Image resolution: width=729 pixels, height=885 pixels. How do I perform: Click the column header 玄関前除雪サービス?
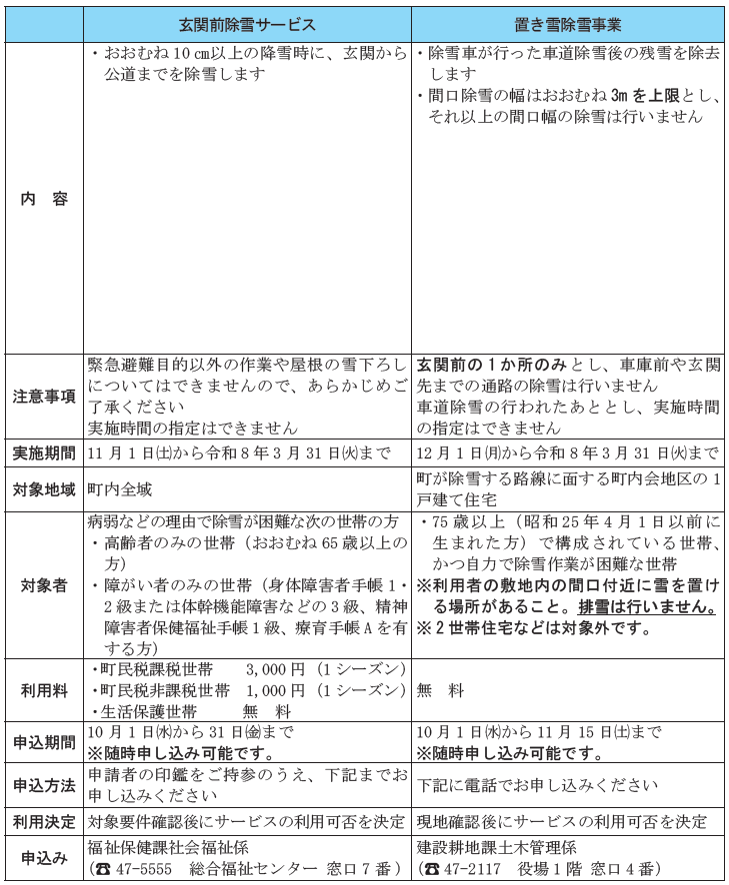pyautogui.click(x=247, y=24)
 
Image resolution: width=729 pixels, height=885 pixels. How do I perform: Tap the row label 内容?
pyautogui.click(x=44, y=199)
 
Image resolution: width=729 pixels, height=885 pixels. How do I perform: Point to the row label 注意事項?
pyautogui.click(x=44, y=396)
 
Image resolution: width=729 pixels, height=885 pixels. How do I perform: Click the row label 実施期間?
pyautogui.click(x=44, y=452)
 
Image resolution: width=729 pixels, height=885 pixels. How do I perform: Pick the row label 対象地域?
pyautogui.click(x=44, y=489)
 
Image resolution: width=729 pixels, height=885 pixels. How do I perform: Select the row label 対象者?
pyautogui.click(x=44, y=585)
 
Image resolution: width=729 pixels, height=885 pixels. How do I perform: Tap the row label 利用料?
pyautogui.click(x=44, y=690)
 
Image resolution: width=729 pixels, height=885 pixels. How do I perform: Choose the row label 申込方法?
pyautogui.click(x=44, y=785)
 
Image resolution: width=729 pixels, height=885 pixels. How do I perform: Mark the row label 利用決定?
pyautogui.click(x=44, y=822)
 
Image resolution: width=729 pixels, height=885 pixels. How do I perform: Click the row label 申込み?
pyautogui.click(x=44, y=858)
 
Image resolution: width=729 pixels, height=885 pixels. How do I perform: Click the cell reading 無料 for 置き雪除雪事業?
pyautogui.click(x=441, y=690)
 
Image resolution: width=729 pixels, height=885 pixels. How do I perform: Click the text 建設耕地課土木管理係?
pyautogui.click(x=495, y=847)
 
